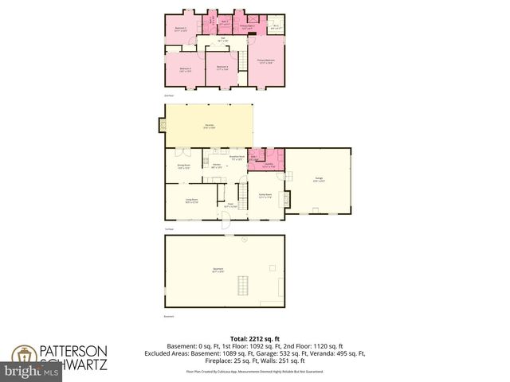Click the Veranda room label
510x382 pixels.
pyautogui.click(x=210, y=127)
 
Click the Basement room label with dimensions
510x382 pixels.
pyautogui.click(x=218, y=271)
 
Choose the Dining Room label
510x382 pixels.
pyautogui.click(x=183, y=167)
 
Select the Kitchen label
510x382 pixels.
pyautogui.click(x=216, y=166)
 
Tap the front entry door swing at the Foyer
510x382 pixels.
pyautogui.click(x=226, y=224)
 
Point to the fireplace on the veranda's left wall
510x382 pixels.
pyautogui.click(x=159, y=122)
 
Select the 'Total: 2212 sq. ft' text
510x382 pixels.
pyautogui.click(x=255, y=339)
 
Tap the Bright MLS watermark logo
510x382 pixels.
pyautogui.click(x=32, y=371)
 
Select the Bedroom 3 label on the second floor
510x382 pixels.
pyautogui.click(x=186, y=69)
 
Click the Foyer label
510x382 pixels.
pyautogui.click(x=229, y=205)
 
